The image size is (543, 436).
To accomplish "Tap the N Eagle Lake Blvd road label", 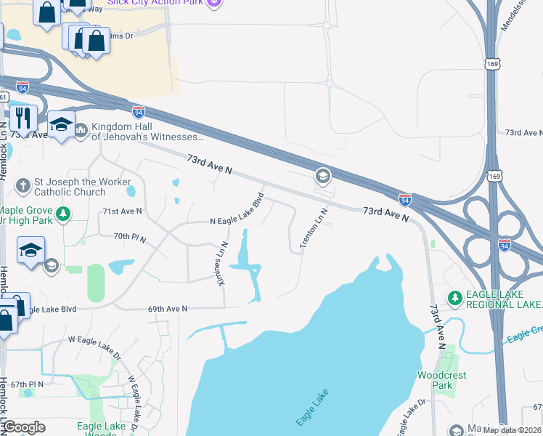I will click(x=237, y=210).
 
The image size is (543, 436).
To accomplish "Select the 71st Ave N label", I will click(x=122, y=211).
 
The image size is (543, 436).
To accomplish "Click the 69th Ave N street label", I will click(x=168, y=309).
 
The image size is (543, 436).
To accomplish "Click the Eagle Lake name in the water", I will click(x=313, y=408).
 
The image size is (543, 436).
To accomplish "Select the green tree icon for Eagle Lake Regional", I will click(x=455, y=297).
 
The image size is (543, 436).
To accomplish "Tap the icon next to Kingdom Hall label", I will click(x=81, y=130).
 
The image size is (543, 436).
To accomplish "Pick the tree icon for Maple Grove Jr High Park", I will click(x=64, y=214).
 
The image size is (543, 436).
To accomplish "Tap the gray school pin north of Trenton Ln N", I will click(x=322, y=176).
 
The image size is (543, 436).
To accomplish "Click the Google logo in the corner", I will click(x=25, y=427).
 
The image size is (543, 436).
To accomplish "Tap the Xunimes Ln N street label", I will click(x=224, y=264).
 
